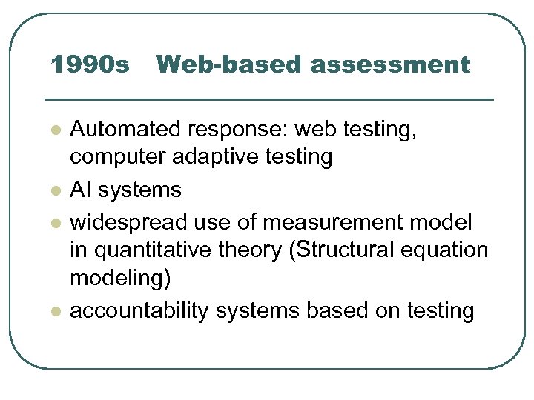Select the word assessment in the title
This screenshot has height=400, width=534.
tap(390, 65)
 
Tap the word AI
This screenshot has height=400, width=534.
tap(79, 190)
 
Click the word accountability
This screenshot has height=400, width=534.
tap(139, 311)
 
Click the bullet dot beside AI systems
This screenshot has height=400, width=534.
tap(55, 191)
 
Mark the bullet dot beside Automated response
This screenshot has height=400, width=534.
tap(55, 131)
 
